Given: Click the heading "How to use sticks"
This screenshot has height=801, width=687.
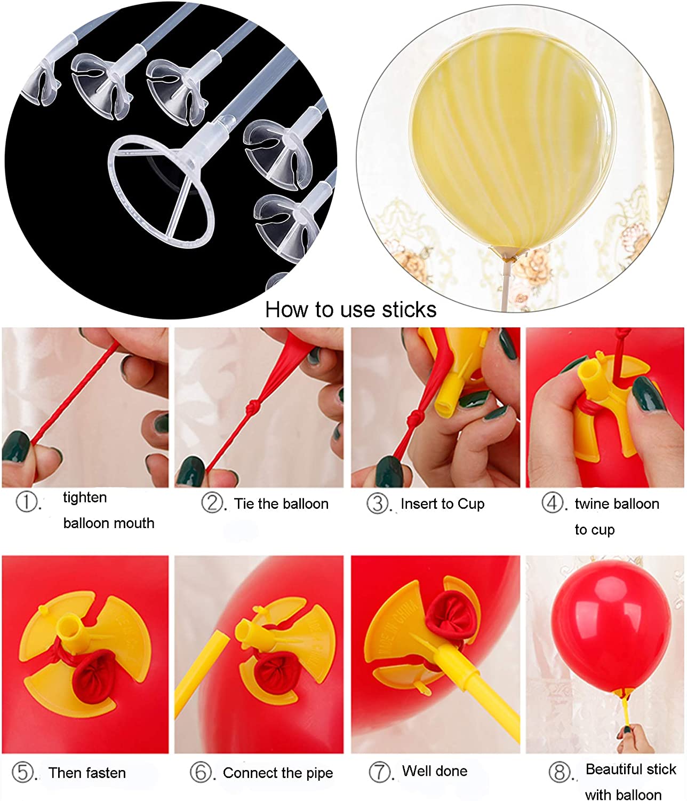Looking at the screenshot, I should [350, 310].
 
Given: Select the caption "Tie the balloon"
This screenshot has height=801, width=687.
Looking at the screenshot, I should [281, 504].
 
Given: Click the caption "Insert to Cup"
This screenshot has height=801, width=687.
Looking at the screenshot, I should [442, 504].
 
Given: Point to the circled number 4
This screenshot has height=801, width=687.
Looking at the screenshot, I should [552, 502].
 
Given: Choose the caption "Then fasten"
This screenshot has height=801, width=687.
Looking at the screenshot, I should [87, 773].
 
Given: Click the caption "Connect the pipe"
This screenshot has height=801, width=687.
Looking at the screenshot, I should [277, 773].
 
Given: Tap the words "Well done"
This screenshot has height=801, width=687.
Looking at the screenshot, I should [434, 771].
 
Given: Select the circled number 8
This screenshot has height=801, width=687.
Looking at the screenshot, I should [560, 772].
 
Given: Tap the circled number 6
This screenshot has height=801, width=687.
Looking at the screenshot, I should [201, 773].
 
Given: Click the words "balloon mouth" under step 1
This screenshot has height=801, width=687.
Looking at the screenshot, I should [108, 523].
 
